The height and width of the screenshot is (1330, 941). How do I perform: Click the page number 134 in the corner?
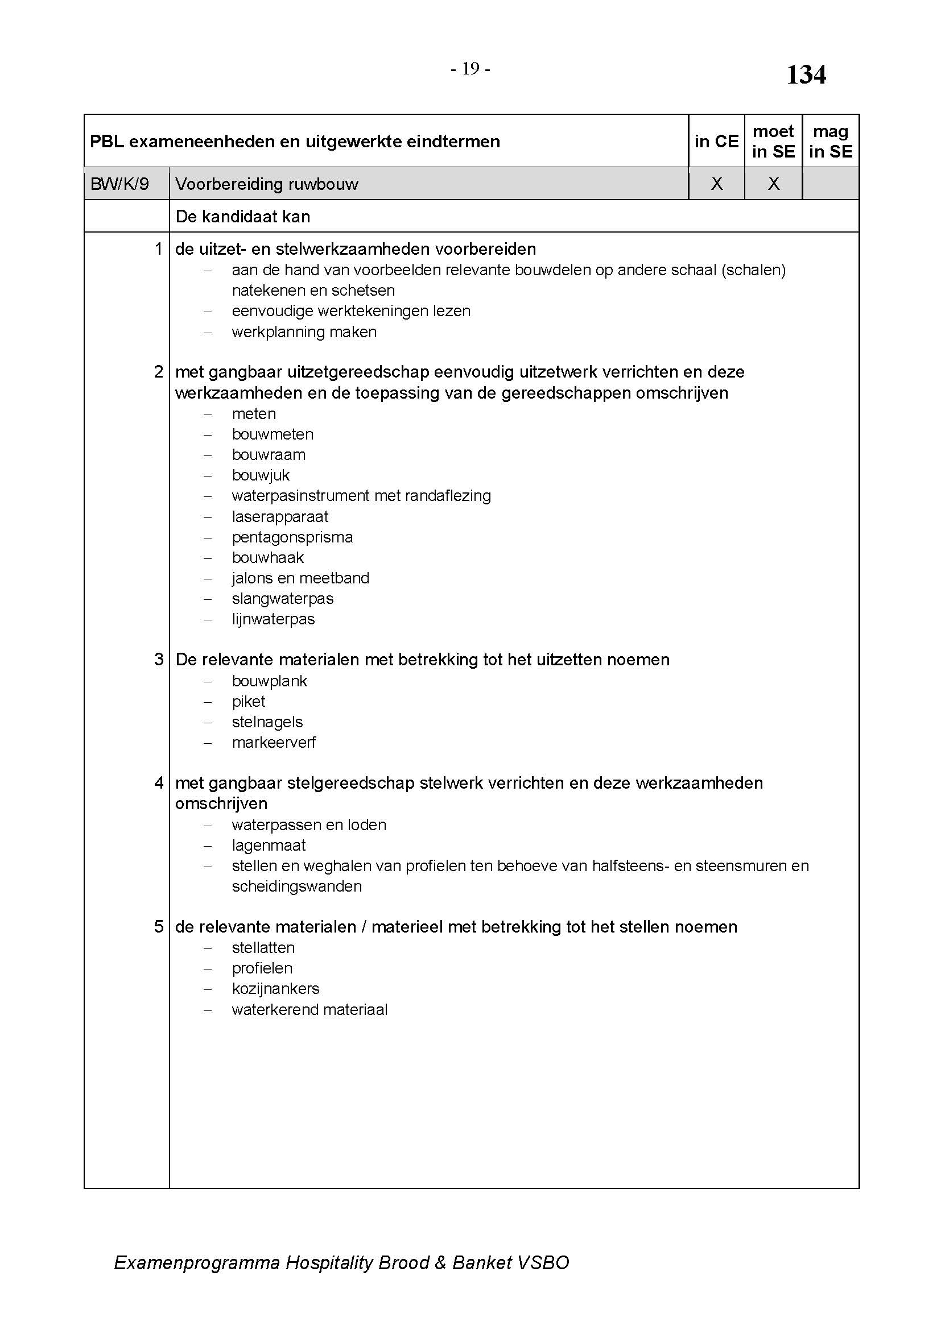(x=806, y=74)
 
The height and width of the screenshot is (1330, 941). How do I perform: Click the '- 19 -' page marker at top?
(x=470, y=69)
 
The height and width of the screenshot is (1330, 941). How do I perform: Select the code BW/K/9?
(x=120, y=184)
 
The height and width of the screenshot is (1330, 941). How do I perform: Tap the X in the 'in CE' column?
(x=716, y=184)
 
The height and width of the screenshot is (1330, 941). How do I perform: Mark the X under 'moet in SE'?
(x=773, y=184)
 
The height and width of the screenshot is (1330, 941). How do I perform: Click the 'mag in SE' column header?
(x=830, y=142)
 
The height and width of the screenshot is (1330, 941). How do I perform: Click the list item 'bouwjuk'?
(x=261, y=475)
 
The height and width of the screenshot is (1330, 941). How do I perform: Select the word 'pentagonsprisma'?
(x=292, y=537)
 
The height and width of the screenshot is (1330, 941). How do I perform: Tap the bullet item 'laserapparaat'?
(x=280, y=517)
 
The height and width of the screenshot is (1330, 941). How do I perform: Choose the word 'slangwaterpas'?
(x=283, y=599)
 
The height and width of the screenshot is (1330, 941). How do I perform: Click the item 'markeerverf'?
(x=274, y=743)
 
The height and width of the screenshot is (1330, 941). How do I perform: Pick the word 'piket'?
(x=249, y=702)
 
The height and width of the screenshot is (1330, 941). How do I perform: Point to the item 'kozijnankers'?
(x=275, y=989)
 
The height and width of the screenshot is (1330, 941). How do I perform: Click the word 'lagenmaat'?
(x=269, y=846)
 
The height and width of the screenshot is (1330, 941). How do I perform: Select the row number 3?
(x=159, y=660)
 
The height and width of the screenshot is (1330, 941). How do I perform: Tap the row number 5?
(x=159, y=927)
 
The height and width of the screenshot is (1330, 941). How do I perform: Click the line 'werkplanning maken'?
(x=304, y=332)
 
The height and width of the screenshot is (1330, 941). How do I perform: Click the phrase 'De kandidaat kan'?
(x=243, y=217)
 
